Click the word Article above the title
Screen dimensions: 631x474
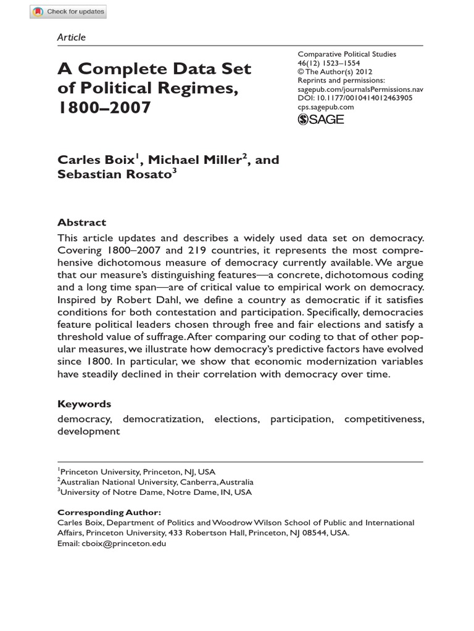(71, 37)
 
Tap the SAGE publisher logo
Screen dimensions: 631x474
(320, 119)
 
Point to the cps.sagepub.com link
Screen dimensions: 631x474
(325, 107)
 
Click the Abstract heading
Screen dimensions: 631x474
(81, 222)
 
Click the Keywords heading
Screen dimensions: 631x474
(85, 404)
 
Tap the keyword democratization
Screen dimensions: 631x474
(163, 419)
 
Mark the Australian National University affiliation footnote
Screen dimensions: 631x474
(156, 482)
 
